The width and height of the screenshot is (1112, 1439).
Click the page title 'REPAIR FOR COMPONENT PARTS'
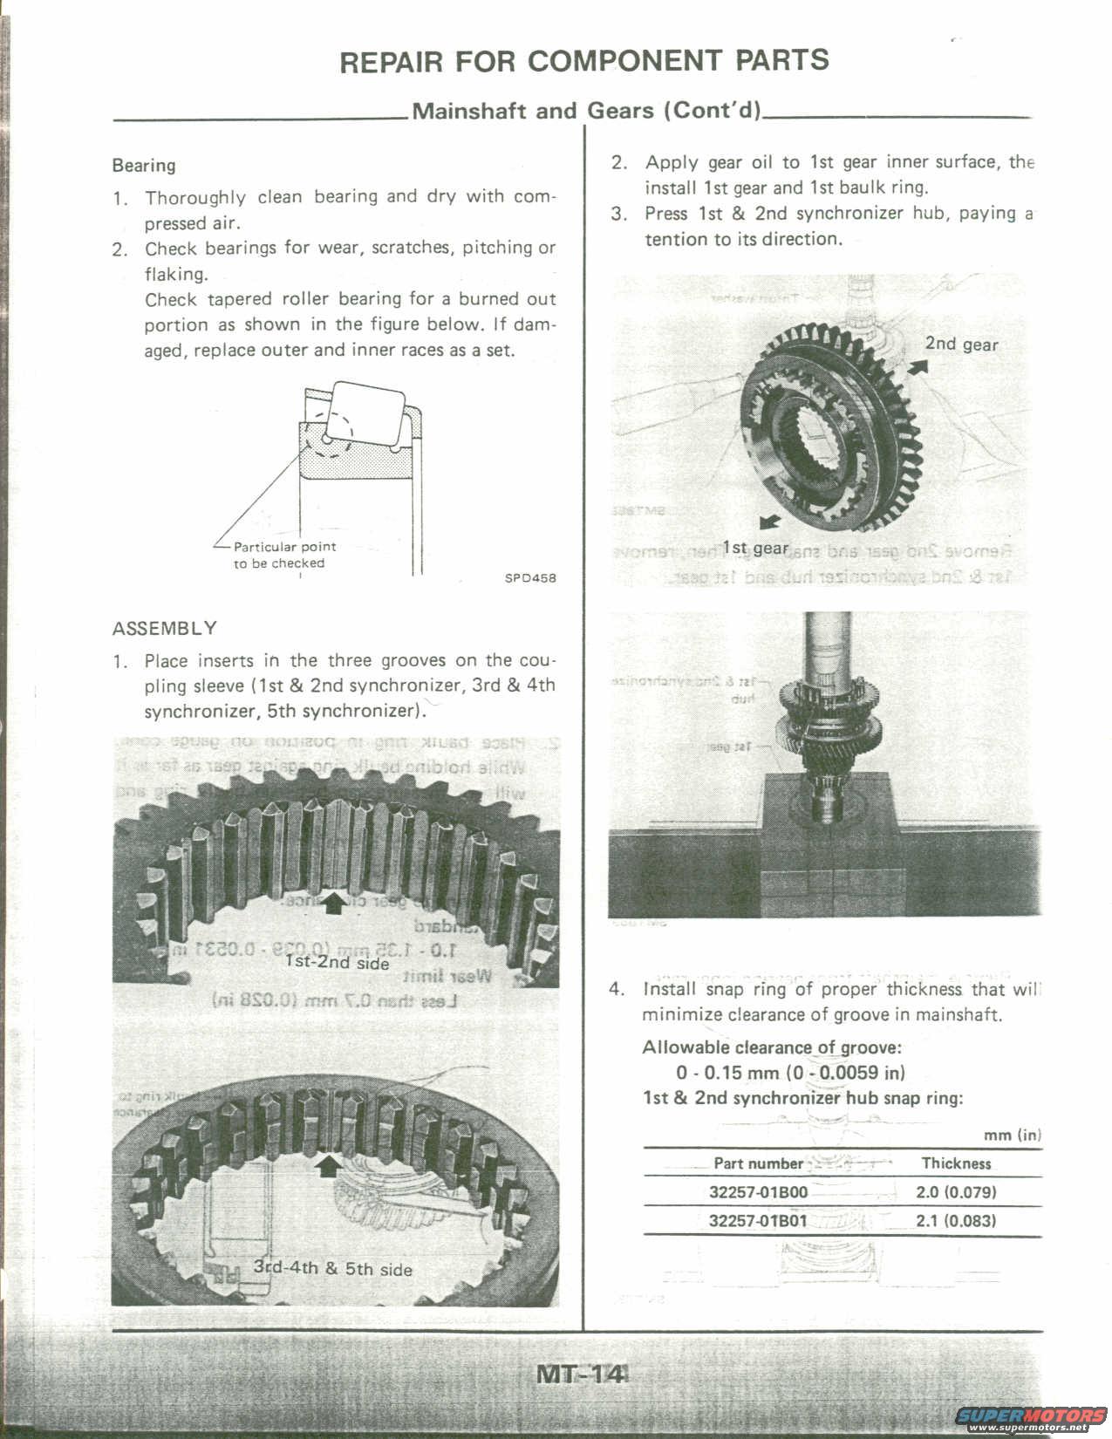(x=583, y=61)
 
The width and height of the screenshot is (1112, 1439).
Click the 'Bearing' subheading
(x=144, y=166)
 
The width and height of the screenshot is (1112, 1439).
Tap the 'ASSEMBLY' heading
(x=165, y=628)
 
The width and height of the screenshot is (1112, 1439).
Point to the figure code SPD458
(x=530, y=577)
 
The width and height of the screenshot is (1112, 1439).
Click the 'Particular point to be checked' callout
(x=284, y=555)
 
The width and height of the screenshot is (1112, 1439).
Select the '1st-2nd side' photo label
(x=337, y=962)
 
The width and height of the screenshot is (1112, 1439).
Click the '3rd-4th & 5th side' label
(x=332, y=1268)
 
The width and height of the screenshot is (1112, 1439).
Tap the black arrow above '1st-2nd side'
(x=333, y=904)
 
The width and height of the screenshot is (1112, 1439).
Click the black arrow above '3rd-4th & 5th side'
(x=328, y=1165)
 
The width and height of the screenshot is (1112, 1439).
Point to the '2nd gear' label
(x=961, y=344)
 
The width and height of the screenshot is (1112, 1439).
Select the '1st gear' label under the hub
(x=755, y=548)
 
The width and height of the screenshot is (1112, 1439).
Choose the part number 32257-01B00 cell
(x=758, y=1192)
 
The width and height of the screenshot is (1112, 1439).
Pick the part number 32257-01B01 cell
(x=758, y=1220)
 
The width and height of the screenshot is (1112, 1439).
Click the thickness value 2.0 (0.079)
(x=956, y=1192)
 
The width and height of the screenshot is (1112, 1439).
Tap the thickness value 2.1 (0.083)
(x=956, y=1220)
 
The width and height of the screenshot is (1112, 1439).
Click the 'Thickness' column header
(x=956, y=1163)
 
